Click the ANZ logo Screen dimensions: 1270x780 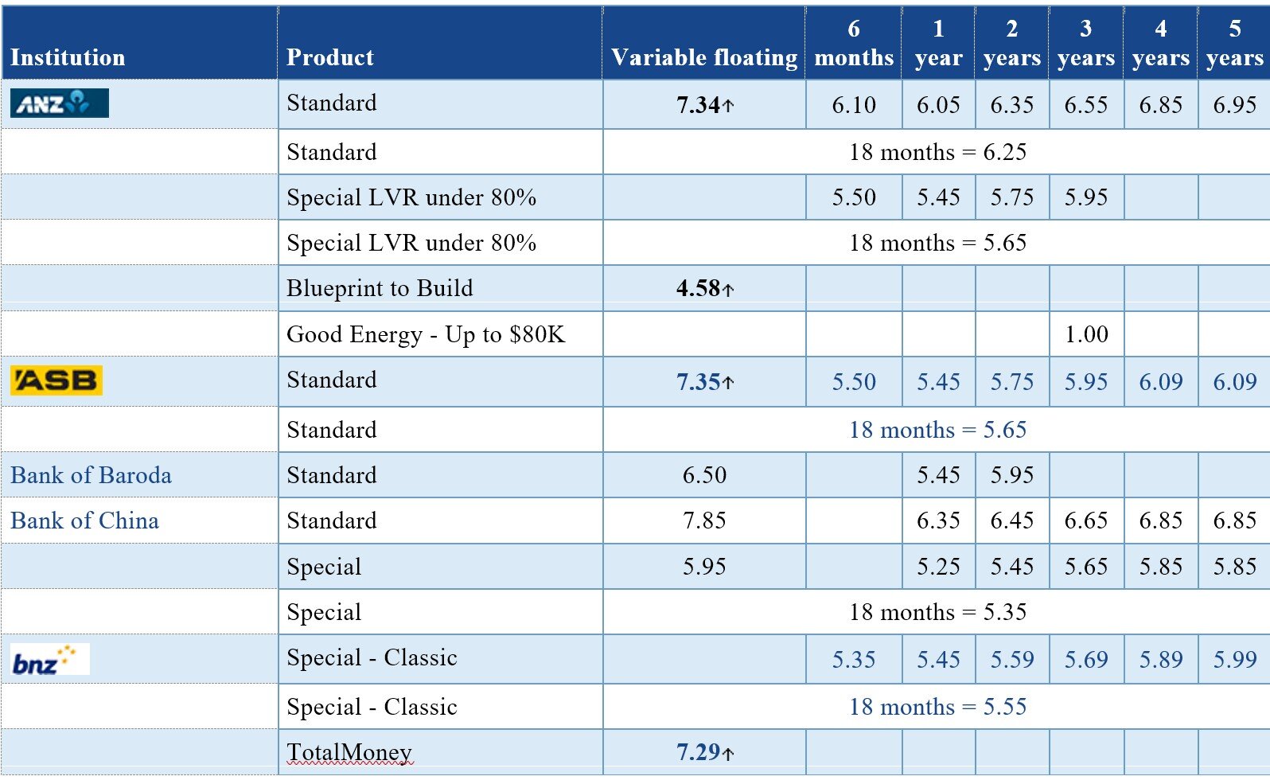60,103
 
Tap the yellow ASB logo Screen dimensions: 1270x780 56,380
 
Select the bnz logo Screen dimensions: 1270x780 50,659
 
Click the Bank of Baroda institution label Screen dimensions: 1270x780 91,475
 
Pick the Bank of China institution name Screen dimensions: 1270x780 84,521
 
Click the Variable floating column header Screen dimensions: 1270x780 704,57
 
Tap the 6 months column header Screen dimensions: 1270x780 854,43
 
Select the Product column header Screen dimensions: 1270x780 330,57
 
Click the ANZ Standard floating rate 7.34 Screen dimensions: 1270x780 705,105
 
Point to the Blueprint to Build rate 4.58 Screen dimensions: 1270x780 705,288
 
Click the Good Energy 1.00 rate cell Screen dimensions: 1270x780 1086,334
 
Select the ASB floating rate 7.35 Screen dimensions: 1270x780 705,382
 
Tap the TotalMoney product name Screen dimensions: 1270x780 349,752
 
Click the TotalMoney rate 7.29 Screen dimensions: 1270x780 705,752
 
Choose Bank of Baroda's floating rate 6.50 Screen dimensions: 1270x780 704,475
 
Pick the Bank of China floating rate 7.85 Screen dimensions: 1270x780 704,521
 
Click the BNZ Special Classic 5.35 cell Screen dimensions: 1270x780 854,659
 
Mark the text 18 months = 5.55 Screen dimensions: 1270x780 937,707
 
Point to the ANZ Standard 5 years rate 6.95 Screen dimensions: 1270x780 1235,105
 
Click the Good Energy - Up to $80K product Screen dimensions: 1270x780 426,334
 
